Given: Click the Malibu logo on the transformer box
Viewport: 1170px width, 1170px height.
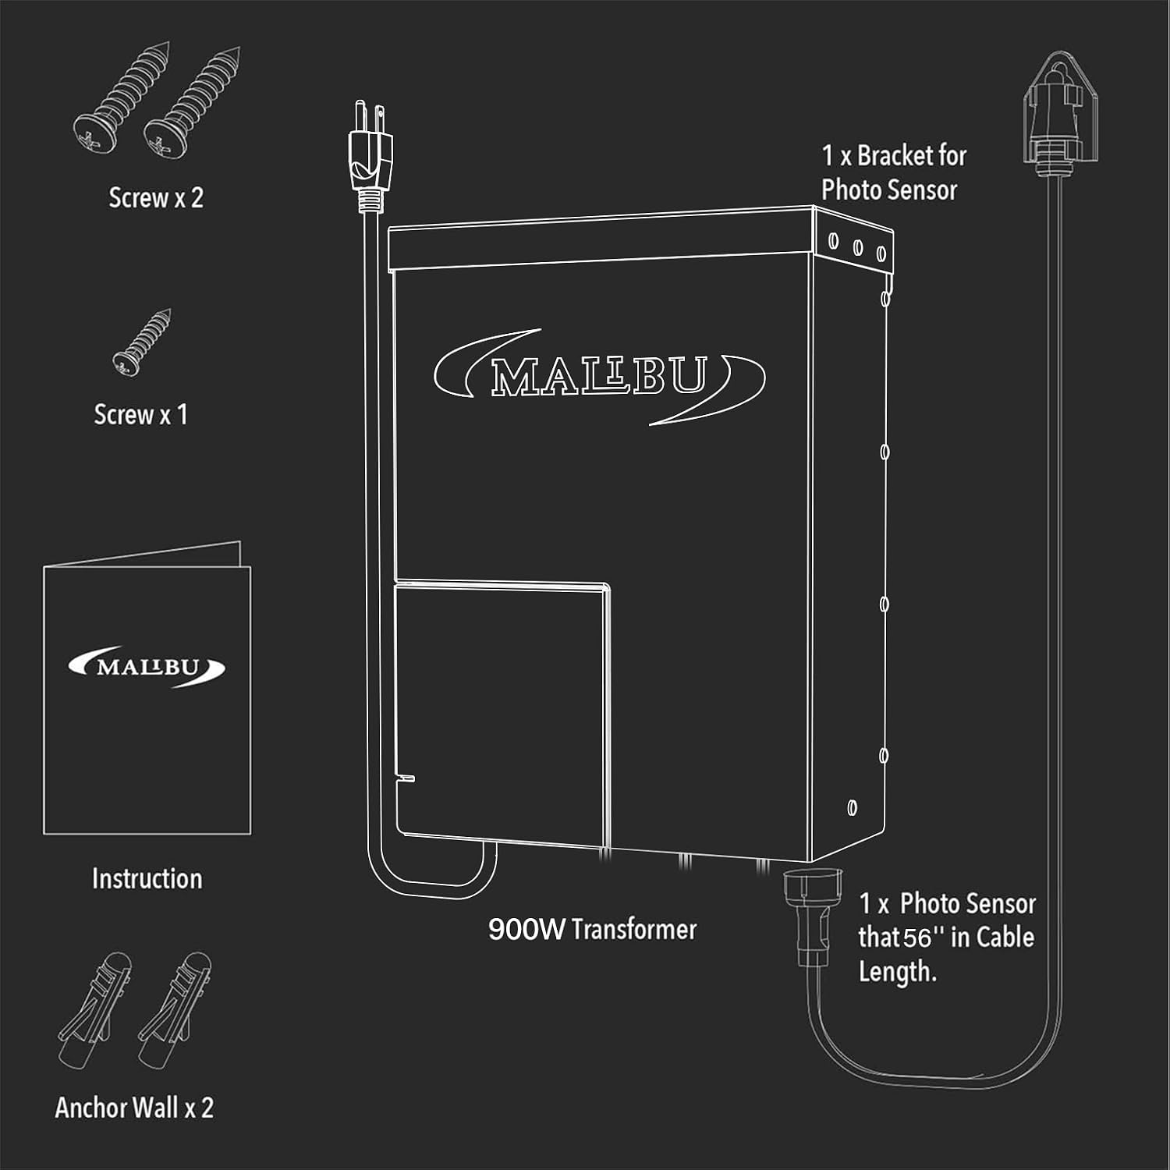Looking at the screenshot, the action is (599, 377).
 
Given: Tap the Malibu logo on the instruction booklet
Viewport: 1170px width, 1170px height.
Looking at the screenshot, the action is (147, 668).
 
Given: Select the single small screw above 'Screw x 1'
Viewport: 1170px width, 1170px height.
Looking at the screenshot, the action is (142, 342).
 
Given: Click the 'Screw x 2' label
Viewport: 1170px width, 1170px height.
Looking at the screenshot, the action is (156, 198).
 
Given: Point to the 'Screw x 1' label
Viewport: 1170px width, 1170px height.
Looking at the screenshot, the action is (141, 415).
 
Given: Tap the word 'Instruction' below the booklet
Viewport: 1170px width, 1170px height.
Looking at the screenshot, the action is (147, 879).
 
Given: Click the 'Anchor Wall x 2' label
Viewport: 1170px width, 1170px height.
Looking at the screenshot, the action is (134, 1108).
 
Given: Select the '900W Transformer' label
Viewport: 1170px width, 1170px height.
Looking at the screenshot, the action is (592, 929).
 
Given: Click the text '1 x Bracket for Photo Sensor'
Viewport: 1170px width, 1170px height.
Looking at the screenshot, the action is (894, 172).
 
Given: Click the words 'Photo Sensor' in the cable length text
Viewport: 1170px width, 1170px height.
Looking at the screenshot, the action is (968, 904).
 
